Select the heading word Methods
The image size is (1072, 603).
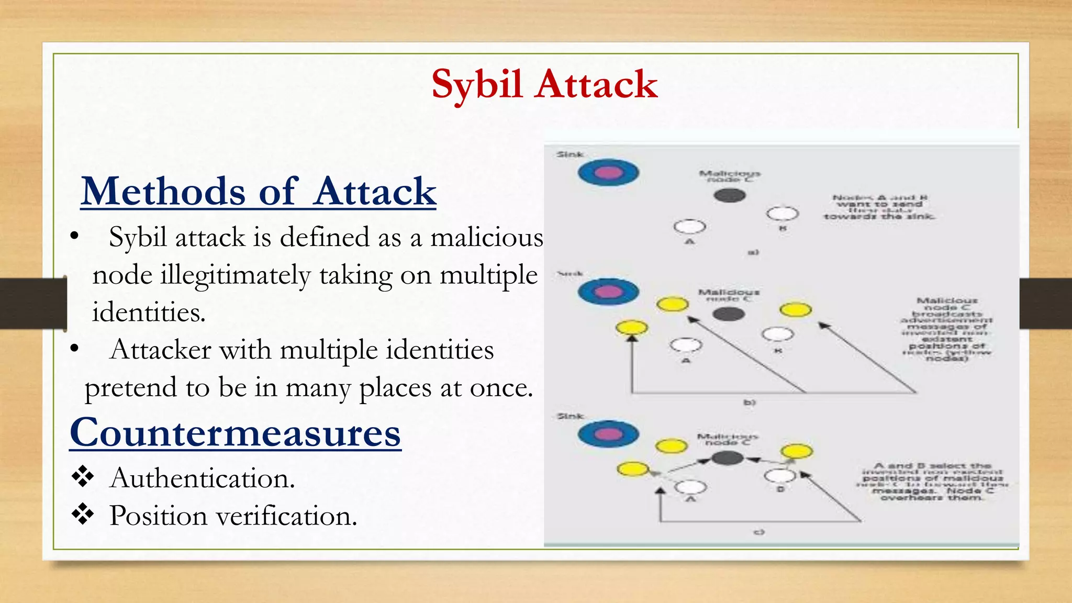(x=163, y=192)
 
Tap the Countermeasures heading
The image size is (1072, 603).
(x=236, y=433)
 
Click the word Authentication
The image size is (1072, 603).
(x=203, y=478)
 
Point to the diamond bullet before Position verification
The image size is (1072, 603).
(x=83, y=515)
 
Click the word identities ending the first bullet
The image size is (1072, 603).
(x=149, y=312)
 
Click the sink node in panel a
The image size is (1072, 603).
(x=608, y=173)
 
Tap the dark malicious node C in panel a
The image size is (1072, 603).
(x=730, y=196)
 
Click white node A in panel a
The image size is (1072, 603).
(x=689, y=227)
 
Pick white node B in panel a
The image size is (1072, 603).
(x=783, y=214)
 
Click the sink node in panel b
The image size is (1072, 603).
(x=608, y=292)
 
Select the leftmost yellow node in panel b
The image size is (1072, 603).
(x=632, y=328)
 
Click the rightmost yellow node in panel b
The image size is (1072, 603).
(x=796, y=309)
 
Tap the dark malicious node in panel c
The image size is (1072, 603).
(x=727, y=459)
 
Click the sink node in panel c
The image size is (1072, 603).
(x=608, y=434)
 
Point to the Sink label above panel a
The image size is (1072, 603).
(x=570, y=154)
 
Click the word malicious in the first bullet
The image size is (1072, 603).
(x=487, y=238)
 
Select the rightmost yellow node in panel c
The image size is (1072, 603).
(x=797, y=451)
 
